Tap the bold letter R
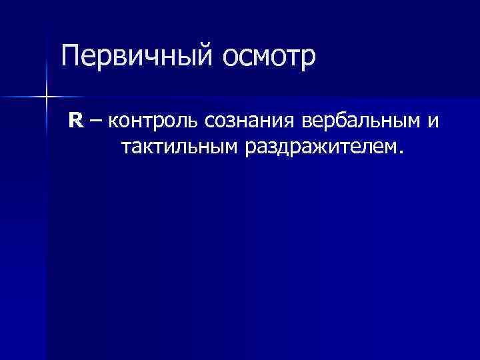coord(75,121)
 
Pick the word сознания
coord(250,122)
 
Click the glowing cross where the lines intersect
coord(45,97)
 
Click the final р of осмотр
coord(306,60)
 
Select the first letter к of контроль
coord(111,123)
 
